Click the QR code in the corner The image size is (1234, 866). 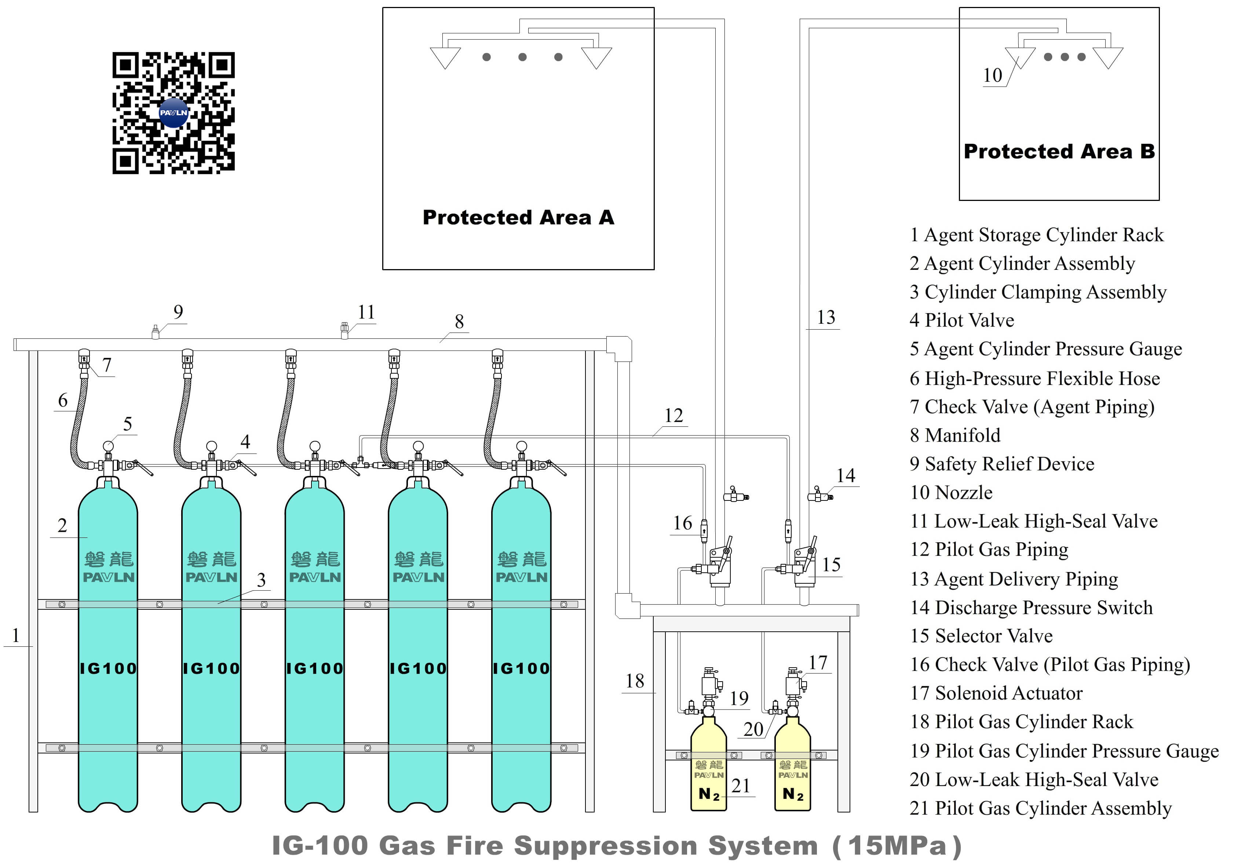[173, 113]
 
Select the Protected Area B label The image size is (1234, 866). [1059, 151]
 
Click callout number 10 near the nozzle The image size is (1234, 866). [992, 75]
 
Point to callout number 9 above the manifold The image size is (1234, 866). [178, 312]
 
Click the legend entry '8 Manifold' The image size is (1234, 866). [954, 435]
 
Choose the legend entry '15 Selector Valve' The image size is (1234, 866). [981, 636]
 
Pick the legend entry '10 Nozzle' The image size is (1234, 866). [951, 493]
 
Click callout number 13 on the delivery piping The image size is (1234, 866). [826, 317]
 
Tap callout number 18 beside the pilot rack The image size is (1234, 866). [635, 681]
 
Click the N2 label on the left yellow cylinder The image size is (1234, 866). [708, 794]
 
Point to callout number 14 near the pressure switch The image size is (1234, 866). [846, 476]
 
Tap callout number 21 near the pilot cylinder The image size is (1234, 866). [741, 786]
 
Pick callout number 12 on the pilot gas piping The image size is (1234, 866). [673, 415]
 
